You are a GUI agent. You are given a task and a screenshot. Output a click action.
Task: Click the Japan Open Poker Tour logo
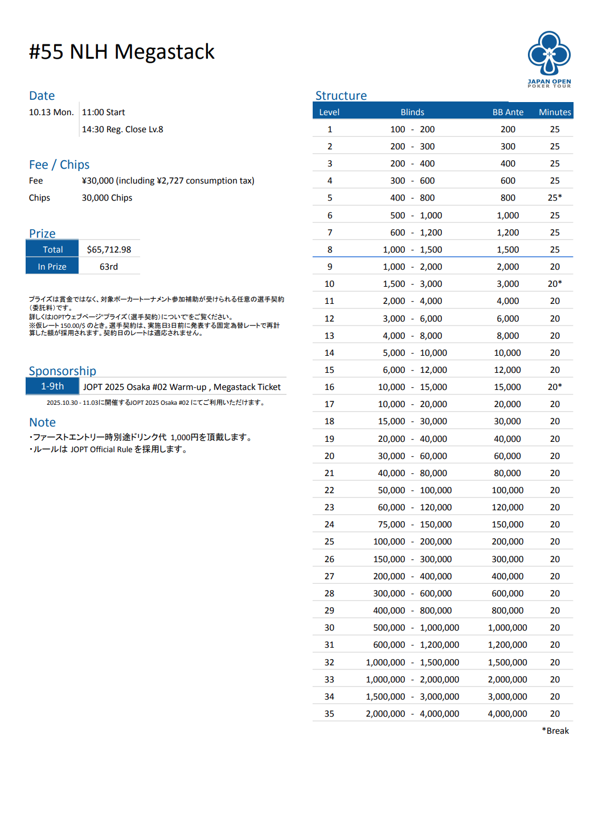549,59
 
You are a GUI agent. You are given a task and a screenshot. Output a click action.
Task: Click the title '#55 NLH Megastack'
122,52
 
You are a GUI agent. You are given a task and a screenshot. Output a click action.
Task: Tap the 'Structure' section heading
341,96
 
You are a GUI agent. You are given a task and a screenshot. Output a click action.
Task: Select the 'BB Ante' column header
507,112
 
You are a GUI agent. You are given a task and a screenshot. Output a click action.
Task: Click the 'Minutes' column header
555,112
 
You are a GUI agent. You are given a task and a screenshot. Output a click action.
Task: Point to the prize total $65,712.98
109,250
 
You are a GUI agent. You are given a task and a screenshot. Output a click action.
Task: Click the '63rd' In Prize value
109,267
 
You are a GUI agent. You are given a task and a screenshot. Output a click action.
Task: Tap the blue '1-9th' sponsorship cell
52,387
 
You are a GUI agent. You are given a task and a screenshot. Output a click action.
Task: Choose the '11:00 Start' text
103,112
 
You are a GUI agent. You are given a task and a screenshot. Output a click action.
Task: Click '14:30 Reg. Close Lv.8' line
122,129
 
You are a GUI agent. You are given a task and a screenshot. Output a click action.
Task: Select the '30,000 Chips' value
107,198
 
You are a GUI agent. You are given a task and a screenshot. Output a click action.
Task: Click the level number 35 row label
329,714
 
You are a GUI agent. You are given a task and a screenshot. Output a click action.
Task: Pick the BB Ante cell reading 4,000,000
507,714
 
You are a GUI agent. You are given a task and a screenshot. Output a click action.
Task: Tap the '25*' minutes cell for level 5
555,198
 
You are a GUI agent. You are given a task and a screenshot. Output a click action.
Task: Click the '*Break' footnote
555,731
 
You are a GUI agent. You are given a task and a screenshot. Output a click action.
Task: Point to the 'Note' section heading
43,422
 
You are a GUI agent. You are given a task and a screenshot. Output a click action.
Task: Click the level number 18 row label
329,421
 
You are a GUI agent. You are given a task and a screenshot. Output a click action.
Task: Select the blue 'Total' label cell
52,250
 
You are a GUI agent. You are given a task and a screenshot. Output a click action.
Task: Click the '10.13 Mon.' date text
51,112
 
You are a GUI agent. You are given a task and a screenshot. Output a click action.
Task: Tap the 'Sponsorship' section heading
63,371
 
